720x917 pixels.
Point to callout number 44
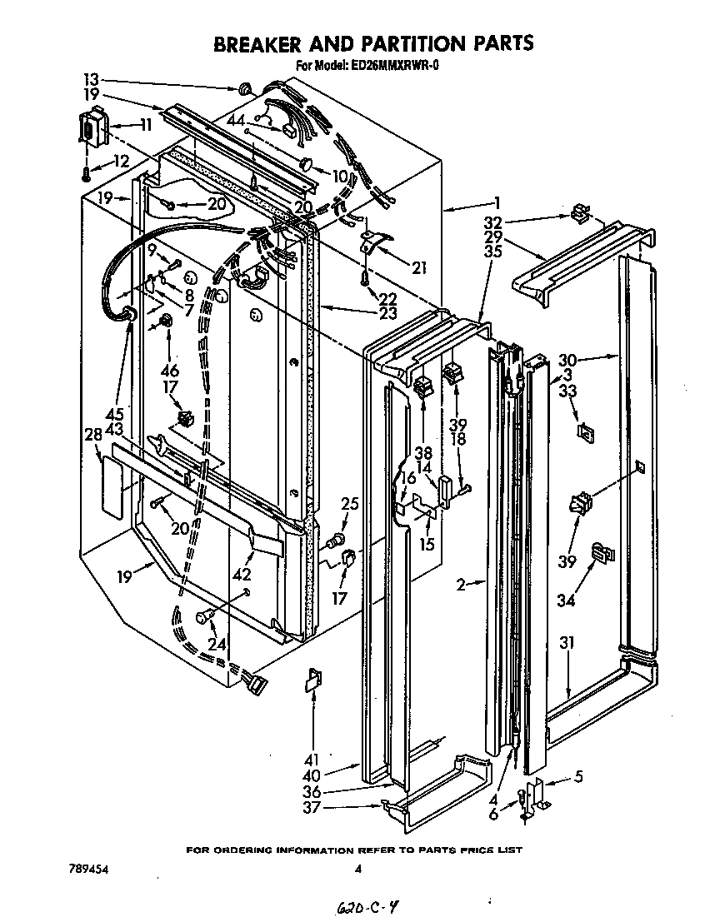tap(236, 122)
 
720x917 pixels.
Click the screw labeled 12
tap(87, 173)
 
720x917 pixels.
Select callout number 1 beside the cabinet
tap(497, 202)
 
